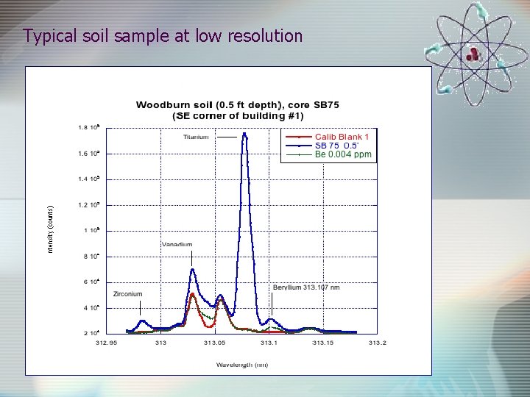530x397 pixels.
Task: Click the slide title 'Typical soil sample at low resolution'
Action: click(x=163, y=35)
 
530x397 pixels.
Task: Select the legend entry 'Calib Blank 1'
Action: click(x=342, y=137)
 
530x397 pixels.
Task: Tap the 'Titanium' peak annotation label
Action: click(x=196, y=137)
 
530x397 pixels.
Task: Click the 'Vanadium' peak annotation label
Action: click(x=177, y=244)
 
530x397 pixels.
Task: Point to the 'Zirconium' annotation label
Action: click(x=127, y=294)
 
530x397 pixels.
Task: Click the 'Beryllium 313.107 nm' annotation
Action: click(x=306, y=287)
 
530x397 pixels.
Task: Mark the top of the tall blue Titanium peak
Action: click(x=244, y=134)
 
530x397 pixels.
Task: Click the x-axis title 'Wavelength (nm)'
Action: click(x=241, y=365)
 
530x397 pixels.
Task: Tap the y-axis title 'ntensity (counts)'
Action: click(x=51, y=229)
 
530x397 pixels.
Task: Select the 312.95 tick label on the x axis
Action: click(x=107, y=342)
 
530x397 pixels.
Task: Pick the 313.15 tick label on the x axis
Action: click(x=323, y=342)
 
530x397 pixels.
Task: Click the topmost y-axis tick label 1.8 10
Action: click(x=89, y=127)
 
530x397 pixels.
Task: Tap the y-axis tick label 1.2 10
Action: click(x=89, y=204)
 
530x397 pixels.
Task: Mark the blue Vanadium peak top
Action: click(x=192, y=269)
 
